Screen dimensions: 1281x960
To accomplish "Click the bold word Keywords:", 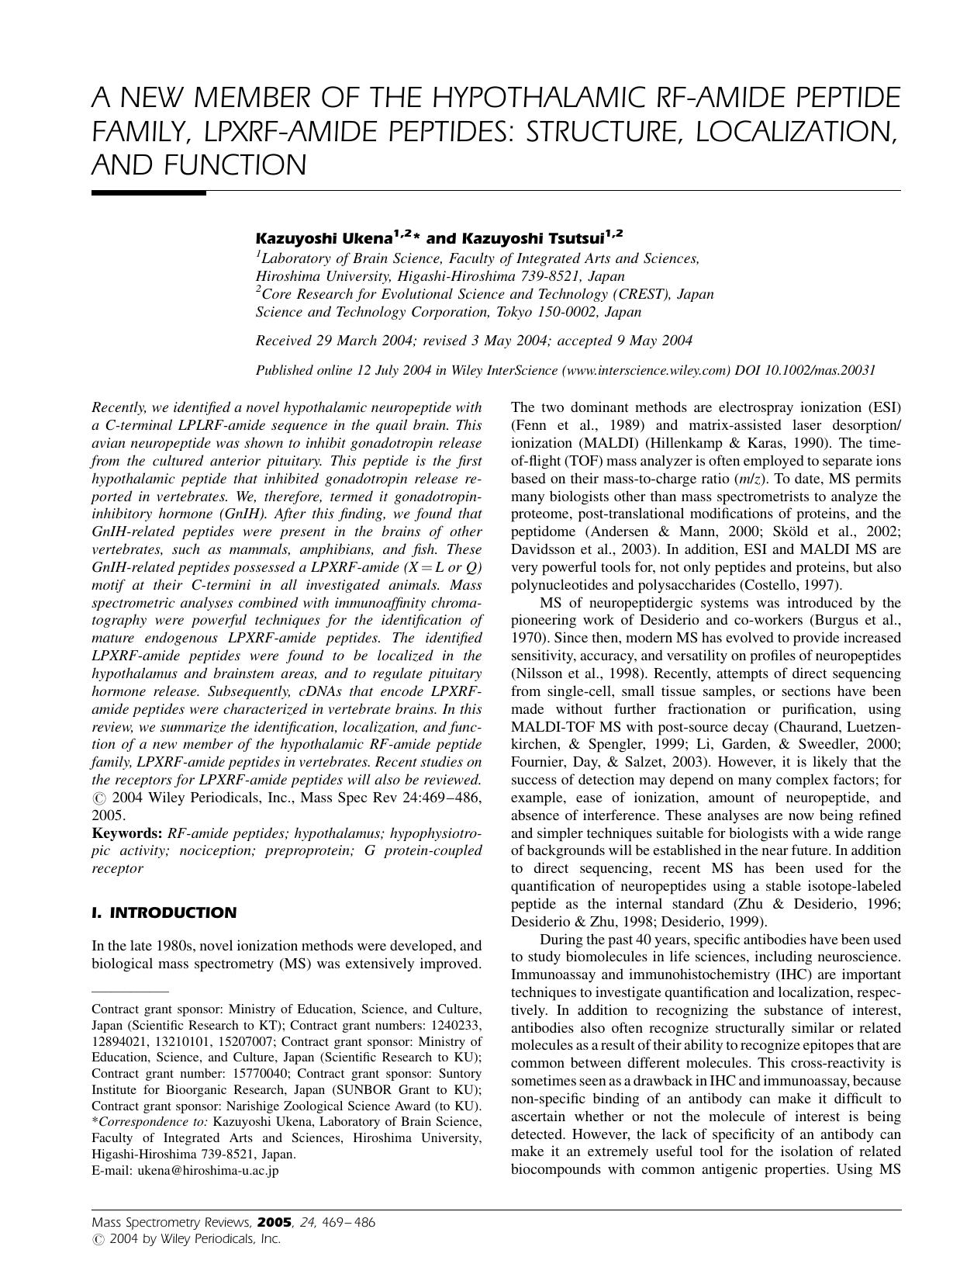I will pos(126,833).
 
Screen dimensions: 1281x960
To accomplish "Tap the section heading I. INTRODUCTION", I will pos(164,913).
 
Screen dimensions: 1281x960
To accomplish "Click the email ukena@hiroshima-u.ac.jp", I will pos(208,1170).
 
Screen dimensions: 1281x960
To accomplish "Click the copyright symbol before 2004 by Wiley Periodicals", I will pos(97,1240).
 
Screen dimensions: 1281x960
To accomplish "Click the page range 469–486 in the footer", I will pos(347,1223).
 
